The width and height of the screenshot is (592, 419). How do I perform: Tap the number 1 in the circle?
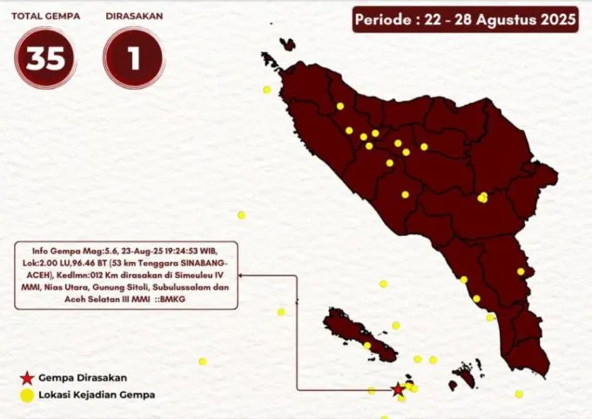pos(133,58)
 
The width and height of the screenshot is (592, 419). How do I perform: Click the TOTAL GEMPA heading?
pos(44,16)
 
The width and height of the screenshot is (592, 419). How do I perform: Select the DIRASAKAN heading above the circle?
pos(133,16)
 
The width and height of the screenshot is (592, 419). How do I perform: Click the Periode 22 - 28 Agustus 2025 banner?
pos(465,19)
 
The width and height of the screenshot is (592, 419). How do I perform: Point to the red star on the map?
pos(398,389)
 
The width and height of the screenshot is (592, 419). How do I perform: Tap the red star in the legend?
pos(27,378)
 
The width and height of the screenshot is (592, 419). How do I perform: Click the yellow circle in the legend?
pos(27,395)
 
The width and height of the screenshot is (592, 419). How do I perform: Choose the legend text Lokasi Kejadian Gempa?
pos(96,395)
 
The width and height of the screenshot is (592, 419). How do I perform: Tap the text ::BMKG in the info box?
pos(171,299)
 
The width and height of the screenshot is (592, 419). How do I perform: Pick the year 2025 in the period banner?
pos(557,19)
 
